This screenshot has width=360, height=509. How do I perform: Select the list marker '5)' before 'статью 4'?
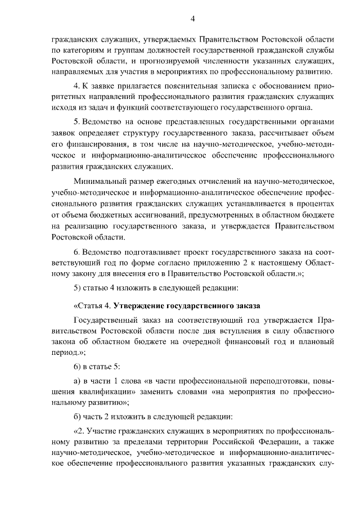[x=78, y=289]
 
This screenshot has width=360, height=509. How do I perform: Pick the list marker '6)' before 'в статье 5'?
[x=78, y=366]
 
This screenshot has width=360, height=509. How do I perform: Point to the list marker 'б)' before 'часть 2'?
[x=78, y=417]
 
